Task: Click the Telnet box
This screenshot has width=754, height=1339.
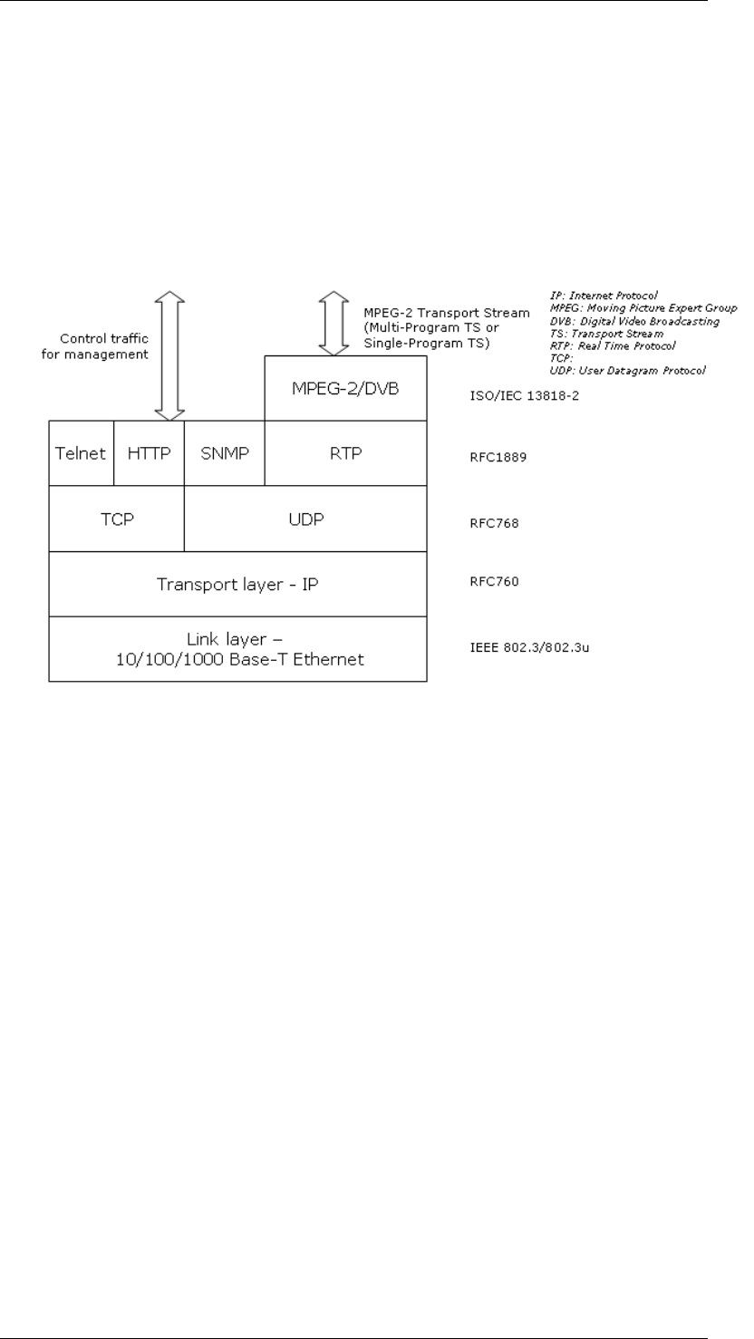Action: [81, 453]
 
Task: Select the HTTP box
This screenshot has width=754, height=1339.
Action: [149, 453]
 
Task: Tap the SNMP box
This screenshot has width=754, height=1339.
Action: [223, 453]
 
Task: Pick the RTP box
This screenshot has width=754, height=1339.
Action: [345, 453]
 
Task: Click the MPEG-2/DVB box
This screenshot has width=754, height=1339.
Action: [345, 388]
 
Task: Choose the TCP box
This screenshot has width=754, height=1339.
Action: [116, 519]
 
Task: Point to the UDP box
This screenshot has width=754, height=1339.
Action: [305, 519]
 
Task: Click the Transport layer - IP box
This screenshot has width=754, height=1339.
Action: [237, 584]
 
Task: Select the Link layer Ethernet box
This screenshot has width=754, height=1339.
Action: [237, 649]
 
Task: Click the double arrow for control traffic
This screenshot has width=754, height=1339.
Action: [169, 356]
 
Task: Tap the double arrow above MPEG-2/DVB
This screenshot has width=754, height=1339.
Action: [333, 324]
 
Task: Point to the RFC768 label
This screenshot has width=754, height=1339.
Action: [480, 521]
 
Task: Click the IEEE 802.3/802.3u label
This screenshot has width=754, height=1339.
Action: [510, 649]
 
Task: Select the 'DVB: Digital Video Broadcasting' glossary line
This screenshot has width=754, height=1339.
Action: [634, 321]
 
